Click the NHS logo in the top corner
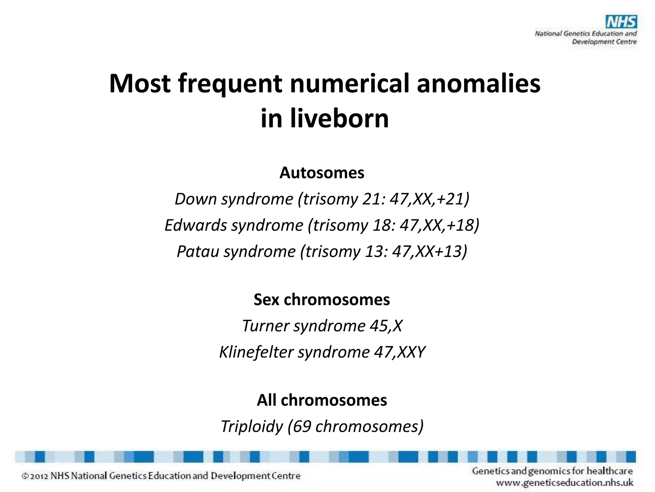click(x=621, y=22)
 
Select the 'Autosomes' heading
click(x=322, y=173)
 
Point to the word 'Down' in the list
click(x=196, y=199)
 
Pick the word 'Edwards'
click(x=196, y=225)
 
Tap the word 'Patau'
click(x=198, y=251)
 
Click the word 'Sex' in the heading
click(x=266, y=300)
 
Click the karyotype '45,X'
click(x=386, y=326)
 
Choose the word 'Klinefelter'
click(x=256, y=352)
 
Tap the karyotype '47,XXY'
click(x=399, y=352)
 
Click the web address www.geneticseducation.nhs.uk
click(x=564, y=483)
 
